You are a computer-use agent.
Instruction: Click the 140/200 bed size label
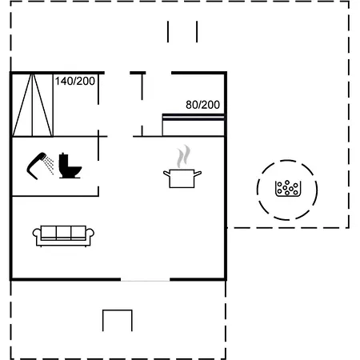(75, 81)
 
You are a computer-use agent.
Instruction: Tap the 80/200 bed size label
(202, 105)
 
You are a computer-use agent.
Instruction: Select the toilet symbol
(70, 166)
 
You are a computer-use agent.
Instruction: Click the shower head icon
(36, 166)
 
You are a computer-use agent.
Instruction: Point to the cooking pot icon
(182, 178)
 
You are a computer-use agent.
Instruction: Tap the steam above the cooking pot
(184, 156)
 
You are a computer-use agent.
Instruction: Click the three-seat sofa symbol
(63, 236)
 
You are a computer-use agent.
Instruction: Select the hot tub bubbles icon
(288, 189)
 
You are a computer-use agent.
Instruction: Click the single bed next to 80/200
(194, 125)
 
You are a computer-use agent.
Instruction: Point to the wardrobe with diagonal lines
(32, 105)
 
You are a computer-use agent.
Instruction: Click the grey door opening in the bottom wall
(146, 280)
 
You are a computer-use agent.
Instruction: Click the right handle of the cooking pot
(198, 174)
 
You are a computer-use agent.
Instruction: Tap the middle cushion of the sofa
(63, 233)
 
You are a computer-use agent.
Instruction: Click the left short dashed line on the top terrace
(168, 32)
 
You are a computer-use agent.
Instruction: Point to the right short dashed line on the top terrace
(197, 32)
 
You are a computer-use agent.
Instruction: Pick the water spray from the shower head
(49, 166)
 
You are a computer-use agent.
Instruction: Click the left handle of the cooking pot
(167, 174)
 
